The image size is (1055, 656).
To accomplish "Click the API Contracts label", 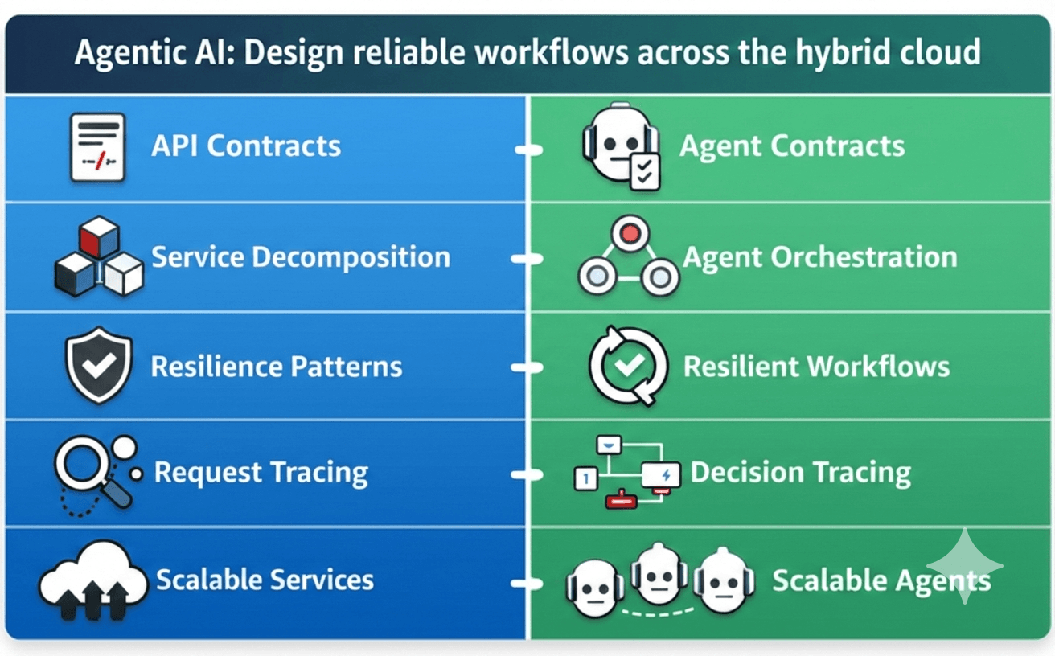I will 246,146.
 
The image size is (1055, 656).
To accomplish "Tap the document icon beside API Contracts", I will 97,147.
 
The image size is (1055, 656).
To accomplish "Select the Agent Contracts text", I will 792,146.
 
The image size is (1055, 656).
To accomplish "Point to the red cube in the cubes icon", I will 99,239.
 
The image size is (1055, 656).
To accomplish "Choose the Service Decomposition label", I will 301,257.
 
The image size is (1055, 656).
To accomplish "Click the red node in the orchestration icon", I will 629,233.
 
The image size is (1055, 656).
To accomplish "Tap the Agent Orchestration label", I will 819,257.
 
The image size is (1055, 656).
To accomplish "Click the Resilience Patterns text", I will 277,367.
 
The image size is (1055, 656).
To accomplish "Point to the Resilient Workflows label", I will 816,367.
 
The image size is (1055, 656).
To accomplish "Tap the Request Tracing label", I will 261,472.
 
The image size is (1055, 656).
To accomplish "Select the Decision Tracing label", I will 800,473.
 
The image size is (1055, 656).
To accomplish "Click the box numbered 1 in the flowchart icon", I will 585,479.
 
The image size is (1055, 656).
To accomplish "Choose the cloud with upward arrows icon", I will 92,580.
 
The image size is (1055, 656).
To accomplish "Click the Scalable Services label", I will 265,580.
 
